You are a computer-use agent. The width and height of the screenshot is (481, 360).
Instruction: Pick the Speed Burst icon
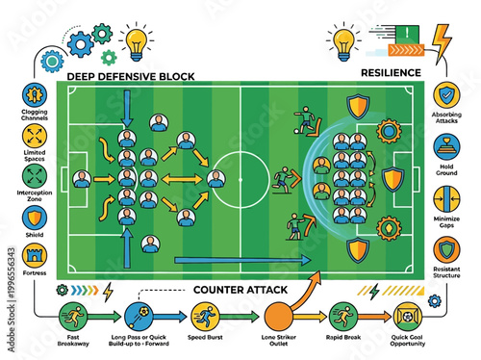coord(204,316)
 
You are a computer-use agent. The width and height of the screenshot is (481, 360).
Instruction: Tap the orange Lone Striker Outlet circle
coord(277,316)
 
